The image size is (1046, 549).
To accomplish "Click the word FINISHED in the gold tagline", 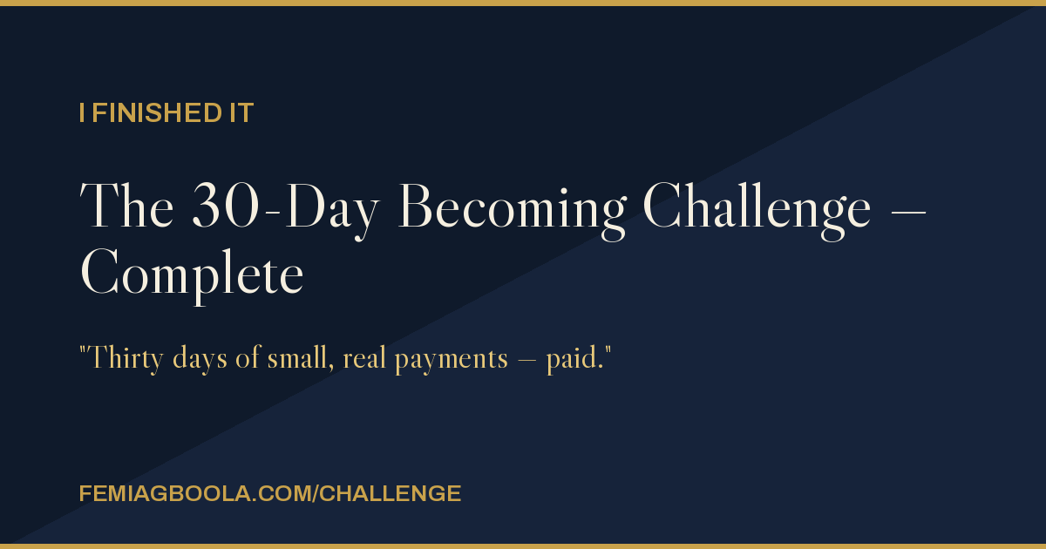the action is (157, 113).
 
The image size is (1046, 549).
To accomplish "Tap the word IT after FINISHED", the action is (241, 113).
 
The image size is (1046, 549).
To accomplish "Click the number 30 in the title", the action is (226, 206).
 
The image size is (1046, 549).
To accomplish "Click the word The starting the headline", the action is (126, 206).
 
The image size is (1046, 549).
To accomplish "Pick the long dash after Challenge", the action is (908, 212).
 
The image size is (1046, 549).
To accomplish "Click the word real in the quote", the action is (364, 358).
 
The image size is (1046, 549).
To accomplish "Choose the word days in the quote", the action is (200, 359).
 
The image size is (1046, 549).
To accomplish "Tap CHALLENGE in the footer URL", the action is (391, 494).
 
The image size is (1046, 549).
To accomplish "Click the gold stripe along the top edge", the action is (523, 3).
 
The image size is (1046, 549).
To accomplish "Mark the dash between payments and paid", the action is (527, 362).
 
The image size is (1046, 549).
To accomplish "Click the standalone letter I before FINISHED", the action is (82, 113).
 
